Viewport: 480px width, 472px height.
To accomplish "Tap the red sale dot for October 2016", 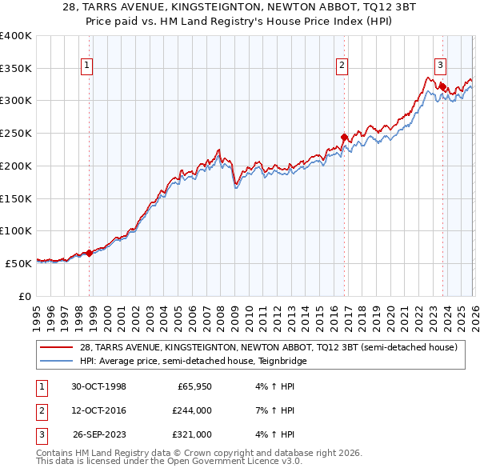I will tap(344, 138).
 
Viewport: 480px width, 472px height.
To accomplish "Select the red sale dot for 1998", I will tap(90, 253).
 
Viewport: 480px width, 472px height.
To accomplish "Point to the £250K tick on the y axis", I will tap(16, 133).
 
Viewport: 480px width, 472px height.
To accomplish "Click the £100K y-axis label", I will tap(16, 230).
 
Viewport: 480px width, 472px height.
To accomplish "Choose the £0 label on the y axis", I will tap(24, 296).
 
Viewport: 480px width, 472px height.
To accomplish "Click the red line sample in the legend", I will tap(57, 347).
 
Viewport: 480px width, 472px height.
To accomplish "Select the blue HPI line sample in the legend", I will tap(57, 361).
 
